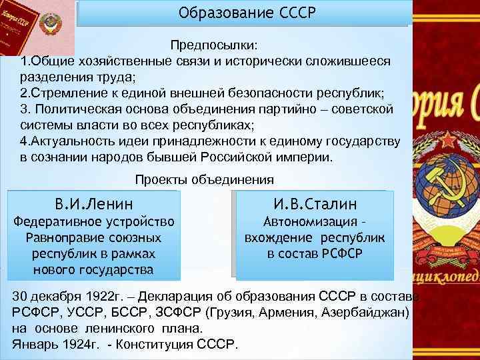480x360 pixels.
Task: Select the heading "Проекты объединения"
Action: coord(204,179)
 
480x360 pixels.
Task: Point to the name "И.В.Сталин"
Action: coord(315,203)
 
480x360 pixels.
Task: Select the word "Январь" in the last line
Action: coord(32,345)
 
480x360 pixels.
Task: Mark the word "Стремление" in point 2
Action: coord(65,93)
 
